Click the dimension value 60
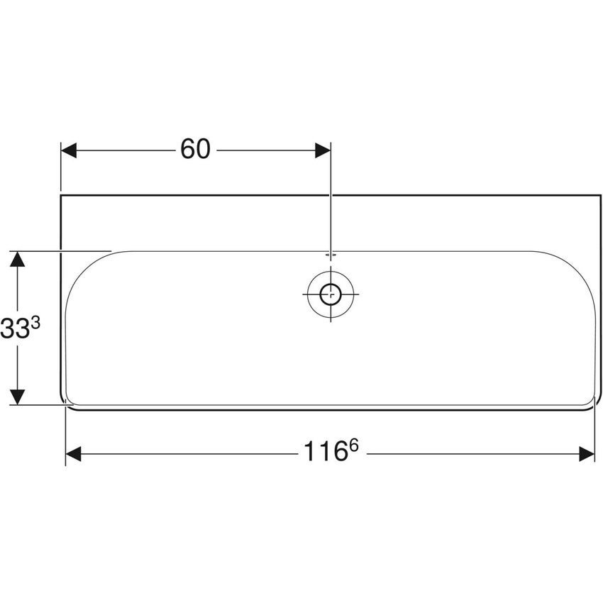point(195,150)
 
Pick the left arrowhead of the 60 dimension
point(69,150)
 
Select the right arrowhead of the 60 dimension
point(322,150)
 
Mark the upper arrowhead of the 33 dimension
point(18,259)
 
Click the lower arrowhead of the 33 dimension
point(18,397)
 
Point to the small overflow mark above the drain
point(330,253)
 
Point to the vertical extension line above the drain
point(331,206)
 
